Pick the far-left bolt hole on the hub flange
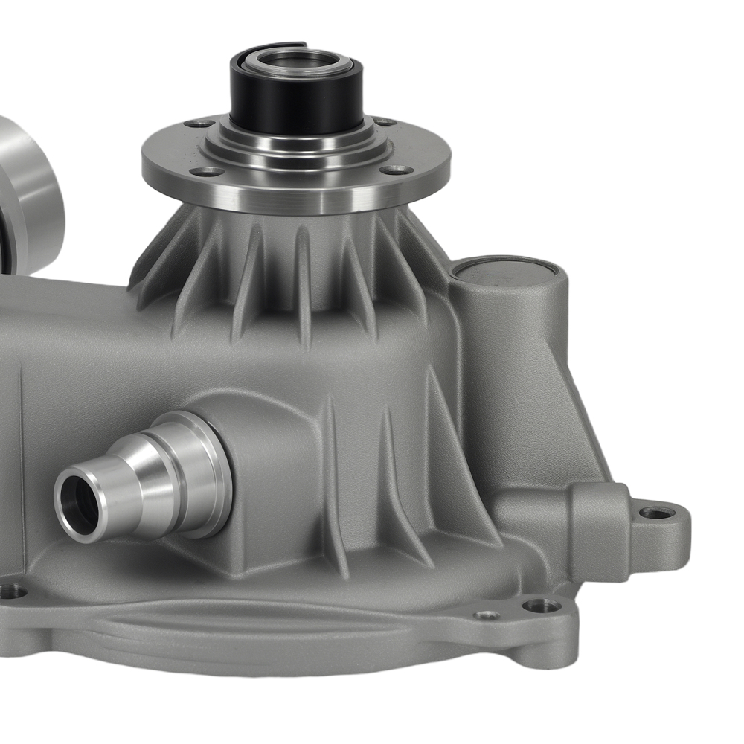[x=199, y=124]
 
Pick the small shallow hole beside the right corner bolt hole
[x=487, y=615]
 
